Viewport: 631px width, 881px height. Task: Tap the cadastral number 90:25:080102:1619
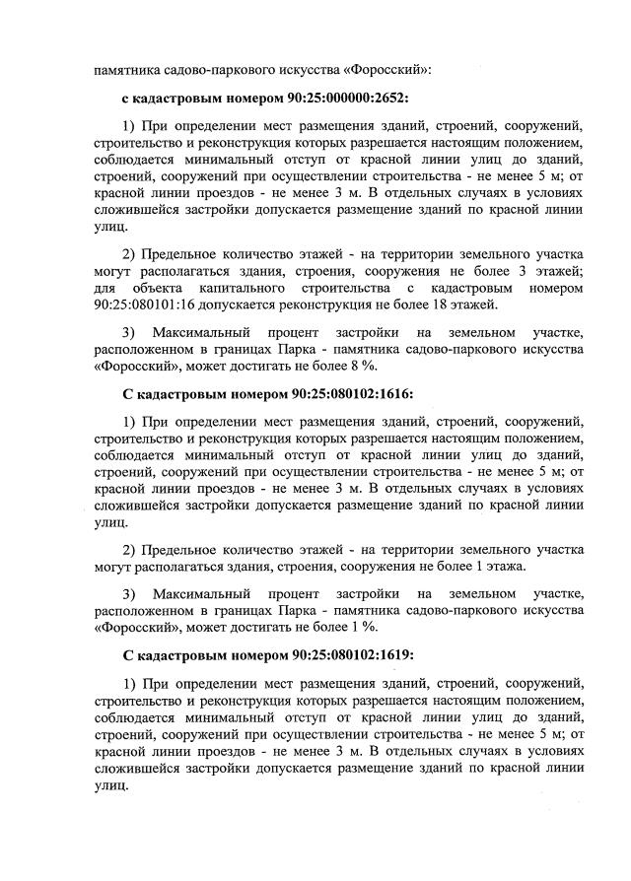[340, 655]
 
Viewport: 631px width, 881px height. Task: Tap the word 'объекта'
[160, 288]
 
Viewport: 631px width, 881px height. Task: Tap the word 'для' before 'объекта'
[105, 288]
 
